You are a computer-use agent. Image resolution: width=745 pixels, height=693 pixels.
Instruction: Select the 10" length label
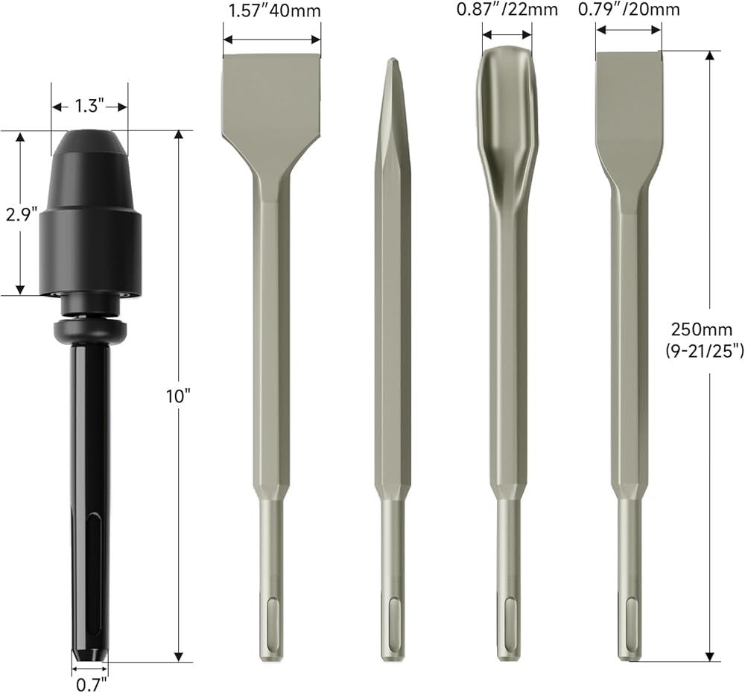[178, 396]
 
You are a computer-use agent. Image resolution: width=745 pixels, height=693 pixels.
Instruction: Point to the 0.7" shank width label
[91, 684]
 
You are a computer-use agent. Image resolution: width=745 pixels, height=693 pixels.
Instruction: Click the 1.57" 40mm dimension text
[274, 10]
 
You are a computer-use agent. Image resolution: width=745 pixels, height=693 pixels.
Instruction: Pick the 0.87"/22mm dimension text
[507, 10]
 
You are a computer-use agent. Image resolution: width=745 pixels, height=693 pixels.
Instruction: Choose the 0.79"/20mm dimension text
[629, 10]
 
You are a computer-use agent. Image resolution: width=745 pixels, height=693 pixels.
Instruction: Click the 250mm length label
[701, 329]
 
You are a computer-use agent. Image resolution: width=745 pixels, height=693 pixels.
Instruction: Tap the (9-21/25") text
[704, 351]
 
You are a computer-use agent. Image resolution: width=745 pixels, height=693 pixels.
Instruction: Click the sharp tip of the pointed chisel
[392, 60]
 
